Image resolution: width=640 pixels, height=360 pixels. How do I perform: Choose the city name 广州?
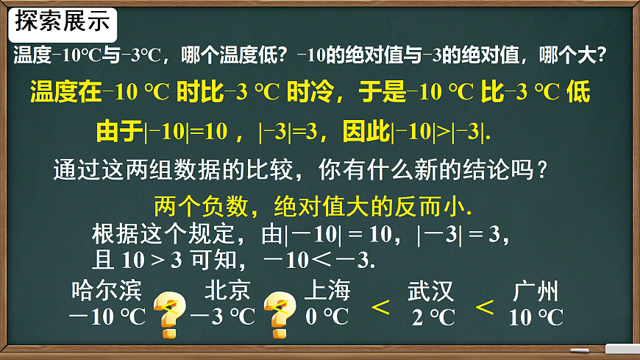tap(536, 292)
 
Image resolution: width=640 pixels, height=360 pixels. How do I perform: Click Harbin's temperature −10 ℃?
tap(107, 317)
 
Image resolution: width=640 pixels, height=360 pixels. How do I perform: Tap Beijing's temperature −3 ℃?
tap(222, 317)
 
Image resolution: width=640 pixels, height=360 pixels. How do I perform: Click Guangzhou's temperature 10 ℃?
tap(536, 318)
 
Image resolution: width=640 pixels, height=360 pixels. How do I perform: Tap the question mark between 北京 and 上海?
tap(279, 314)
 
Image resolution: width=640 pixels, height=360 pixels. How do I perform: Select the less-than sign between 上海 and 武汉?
tap(380, 306)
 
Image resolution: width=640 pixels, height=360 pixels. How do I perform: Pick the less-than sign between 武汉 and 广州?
tap(485, 306)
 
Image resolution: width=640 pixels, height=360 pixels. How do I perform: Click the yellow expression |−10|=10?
tap(188, 133)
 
